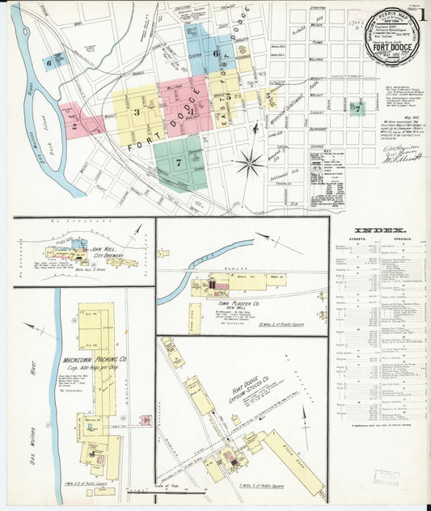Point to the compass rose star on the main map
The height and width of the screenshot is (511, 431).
click(251, 161)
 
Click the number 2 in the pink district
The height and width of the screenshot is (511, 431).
click(74, 125)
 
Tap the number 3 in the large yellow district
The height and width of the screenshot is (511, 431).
click(137, 112)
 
